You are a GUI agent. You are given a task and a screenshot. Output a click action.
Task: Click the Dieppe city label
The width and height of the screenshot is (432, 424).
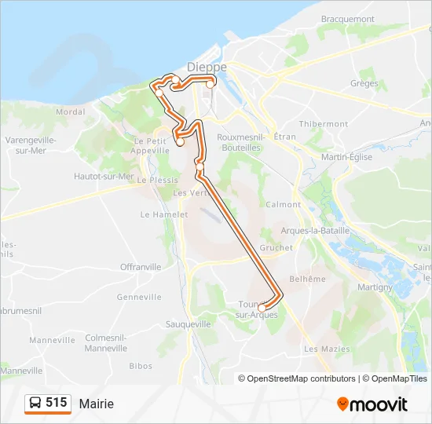[207, 68]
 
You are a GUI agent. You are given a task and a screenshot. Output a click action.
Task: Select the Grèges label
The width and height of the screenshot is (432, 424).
[364, 82]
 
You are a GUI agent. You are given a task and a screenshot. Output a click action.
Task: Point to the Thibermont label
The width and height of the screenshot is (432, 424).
[323, 124]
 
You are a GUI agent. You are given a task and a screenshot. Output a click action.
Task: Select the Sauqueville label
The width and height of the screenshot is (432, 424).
[189, 323]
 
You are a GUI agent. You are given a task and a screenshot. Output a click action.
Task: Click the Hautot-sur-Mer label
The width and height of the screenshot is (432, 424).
[104, 177]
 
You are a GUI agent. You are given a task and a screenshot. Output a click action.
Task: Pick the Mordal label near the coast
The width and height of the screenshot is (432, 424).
[71, 112]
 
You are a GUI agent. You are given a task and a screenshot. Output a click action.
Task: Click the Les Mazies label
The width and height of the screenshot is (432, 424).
[321, 349]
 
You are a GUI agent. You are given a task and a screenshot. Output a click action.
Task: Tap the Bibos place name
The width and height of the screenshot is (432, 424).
[141, 366]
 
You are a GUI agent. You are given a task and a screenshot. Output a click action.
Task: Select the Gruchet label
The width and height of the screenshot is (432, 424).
[276, 247]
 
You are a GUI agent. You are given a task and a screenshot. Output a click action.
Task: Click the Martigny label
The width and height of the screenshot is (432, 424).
[374, 287]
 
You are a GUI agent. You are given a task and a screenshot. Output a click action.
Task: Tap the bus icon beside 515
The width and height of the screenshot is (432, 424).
[35, 403]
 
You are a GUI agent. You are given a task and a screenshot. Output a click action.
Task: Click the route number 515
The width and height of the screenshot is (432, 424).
[57, 403]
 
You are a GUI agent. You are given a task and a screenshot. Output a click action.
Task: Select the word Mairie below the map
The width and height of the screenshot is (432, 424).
[97, 404]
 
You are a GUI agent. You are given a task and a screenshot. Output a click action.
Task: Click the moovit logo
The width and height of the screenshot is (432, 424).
[372, 404]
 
